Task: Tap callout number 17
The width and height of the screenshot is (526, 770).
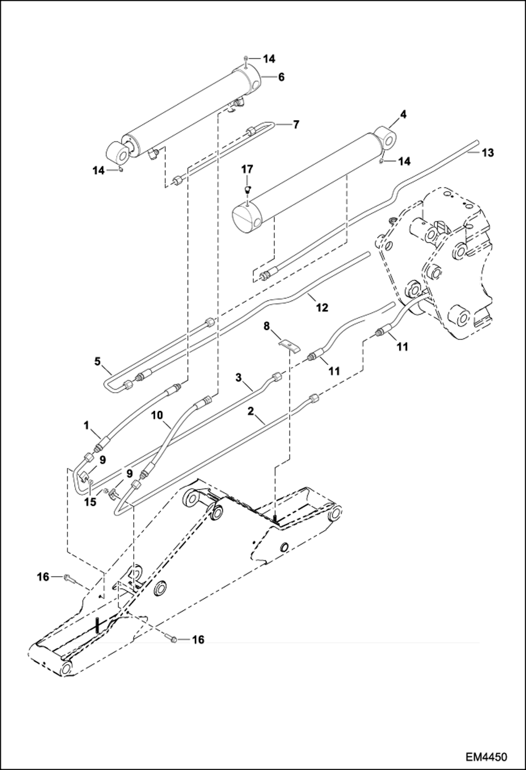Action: click(x=247, y=170)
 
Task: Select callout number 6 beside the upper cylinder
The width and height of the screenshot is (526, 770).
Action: click(x=281, y=77)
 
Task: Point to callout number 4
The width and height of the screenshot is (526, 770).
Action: click(x=403, y=114)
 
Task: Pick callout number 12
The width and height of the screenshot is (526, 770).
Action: click(x=322, y=308)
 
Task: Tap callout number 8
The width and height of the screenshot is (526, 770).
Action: click(x=267, y=327)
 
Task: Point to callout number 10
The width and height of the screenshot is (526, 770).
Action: click(x=158, y=416)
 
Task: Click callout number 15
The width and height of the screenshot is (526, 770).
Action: click(x=90, y=502)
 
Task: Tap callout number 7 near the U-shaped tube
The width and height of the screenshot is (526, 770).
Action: click(x=296, y=124)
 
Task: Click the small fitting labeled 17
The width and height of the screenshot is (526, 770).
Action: click(x=248, y=190)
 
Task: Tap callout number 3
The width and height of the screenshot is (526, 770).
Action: click(x=238, y=378)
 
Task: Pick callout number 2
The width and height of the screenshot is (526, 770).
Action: click(x=250, y=411)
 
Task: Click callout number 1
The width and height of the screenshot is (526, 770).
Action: click(x=86, y=426)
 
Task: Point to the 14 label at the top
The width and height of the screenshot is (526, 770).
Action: click(x=269, y=59)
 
